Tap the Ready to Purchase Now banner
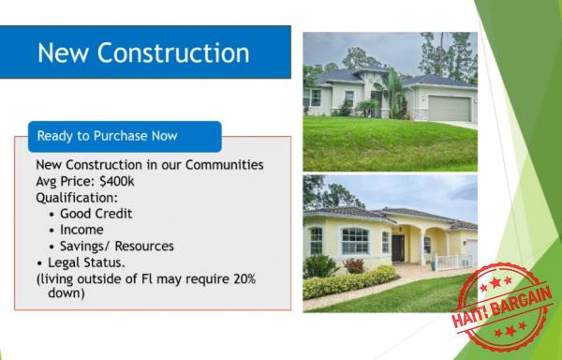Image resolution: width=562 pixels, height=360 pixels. tap(107, 136)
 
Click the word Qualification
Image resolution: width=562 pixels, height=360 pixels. tap(77, 198)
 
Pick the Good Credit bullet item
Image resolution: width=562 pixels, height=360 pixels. tap(96, 214)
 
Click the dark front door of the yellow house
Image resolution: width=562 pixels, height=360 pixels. tap(398, 247)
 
